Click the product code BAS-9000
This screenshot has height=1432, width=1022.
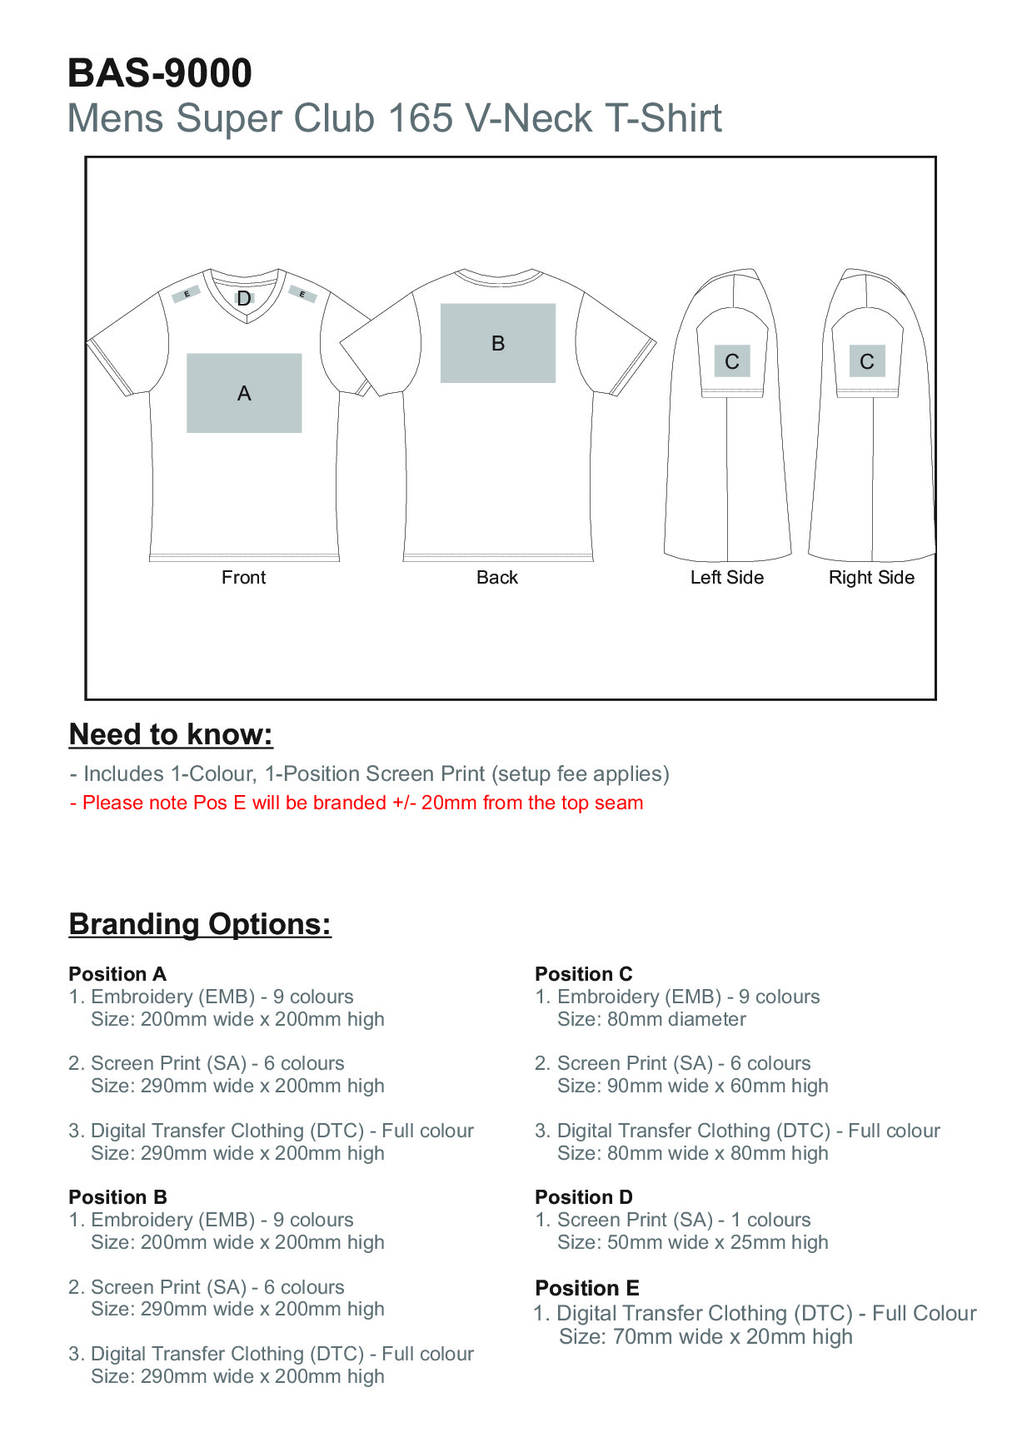pos(159,73)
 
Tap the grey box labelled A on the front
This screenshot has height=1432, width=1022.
pos(244,393)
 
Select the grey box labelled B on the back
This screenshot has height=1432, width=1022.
pos(498,343)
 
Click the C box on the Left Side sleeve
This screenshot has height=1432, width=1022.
pos(732,361)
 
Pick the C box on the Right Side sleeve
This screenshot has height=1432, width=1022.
pos(867,361)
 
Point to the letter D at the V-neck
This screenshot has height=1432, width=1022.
pos(244,298)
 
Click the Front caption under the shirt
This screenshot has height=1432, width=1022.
pos(243,578)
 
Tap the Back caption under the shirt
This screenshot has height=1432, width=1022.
pos(497,578)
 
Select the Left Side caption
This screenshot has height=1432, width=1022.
pos(726,578)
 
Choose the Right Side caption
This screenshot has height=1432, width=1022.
pos(871,578)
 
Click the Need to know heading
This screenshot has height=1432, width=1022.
pos(171,734)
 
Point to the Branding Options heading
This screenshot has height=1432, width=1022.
pos(200,924)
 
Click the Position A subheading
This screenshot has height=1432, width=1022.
pos(117,974)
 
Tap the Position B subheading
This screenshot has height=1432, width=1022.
pos(117,1197)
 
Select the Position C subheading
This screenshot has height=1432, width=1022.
pos(584,974)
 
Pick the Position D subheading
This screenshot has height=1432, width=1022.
pos(584,1197)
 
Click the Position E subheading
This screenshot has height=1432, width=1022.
pos(587,1288)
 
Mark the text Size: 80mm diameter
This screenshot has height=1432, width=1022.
pos(651,1019)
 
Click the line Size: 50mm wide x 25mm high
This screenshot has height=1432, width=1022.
pos(693,1242)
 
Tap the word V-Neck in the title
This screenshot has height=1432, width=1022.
pos(529,118)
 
